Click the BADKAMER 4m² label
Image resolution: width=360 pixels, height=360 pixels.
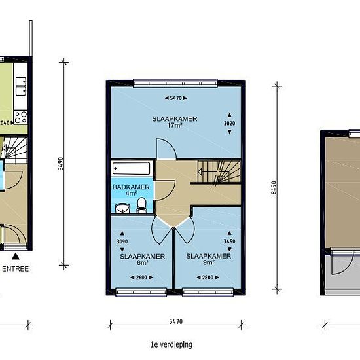(x=131, y=190)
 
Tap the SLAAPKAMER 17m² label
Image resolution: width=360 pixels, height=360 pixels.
(x=175, y=122)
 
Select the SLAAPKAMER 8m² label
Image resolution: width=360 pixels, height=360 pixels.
(x=142, y=259)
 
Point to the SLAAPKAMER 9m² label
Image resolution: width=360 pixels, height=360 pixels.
(x=208, y=259)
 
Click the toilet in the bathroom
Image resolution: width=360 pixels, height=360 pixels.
(x=141, y=205)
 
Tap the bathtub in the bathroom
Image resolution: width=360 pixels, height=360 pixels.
(x=131, y=168)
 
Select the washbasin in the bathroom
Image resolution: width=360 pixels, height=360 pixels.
(x=122, y=208)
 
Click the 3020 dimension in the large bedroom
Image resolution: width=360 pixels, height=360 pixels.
(x=229, y=124)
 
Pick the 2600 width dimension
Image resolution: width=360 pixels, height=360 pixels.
(x=141, y=278)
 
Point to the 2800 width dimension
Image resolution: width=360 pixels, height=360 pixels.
(x=207, y=278)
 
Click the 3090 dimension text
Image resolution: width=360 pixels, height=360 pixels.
(x=122, y=242)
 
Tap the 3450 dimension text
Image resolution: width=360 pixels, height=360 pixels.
(x=229, y=242)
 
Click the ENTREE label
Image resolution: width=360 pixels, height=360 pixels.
(x=16, y=269)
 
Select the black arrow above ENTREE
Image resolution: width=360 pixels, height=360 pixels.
(x=16, y=256)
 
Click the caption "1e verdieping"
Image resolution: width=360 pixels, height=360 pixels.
(x=171, y=344)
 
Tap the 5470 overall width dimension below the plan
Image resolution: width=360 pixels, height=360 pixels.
(x=175, y=321)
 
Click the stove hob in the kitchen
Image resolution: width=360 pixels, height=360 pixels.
(x=21, y=117)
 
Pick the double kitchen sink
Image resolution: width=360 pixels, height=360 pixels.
(x=21, y=86)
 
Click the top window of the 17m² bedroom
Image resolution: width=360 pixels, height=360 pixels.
(x=175, y=83)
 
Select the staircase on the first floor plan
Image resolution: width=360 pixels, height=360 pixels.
(x=219, y=172)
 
